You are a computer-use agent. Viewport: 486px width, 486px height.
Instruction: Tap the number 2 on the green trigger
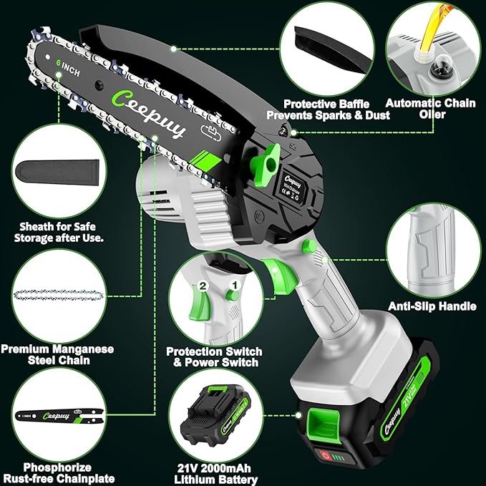click(x=203, y=286)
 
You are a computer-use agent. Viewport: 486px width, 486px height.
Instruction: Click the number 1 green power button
click(x=232, y=294)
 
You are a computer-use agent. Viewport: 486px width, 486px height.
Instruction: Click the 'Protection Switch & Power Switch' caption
click(x=214, y=357)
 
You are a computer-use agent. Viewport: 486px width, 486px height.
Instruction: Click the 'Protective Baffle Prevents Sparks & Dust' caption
click(x=327, y=109)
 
